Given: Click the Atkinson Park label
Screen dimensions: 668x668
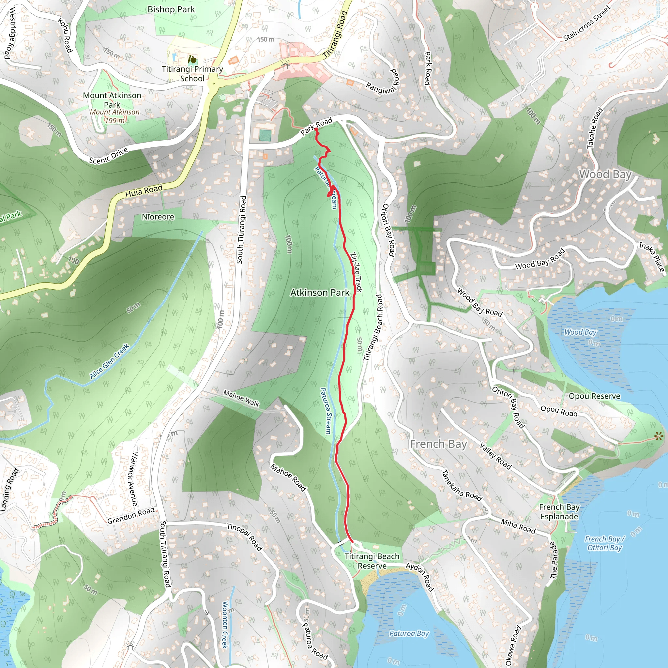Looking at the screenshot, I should [320, 293].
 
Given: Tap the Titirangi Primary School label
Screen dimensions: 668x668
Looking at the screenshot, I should [192, 74].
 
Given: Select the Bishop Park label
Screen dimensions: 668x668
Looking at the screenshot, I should [171, 10].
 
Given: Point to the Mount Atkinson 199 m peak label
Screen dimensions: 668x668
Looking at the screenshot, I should [114, 116].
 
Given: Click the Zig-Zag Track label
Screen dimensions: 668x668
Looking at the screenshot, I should [356, 272].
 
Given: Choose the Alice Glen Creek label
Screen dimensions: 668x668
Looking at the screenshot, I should [109, 361].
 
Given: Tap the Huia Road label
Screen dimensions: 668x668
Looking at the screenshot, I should [144, 191].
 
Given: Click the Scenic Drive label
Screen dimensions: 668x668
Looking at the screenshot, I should [108, 156].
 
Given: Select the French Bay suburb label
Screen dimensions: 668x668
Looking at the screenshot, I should [438, 444].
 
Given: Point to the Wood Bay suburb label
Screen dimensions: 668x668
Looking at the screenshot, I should [605, 174].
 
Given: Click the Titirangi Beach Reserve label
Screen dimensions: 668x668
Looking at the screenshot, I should [372, 561].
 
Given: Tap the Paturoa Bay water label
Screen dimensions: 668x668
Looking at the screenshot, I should [409, 633].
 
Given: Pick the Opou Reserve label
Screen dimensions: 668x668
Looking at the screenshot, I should [594, 396].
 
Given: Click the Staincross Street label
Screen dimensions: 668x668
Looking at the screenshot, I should [587, 23].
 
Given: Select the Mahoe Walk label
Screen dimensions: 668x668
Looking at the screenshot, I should [241, 398].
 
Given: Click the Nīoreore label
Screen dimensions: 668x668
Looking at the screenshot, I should [158, 217].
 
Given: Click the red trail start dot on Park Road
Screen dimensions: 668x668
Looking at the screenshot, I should [316, 130].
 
